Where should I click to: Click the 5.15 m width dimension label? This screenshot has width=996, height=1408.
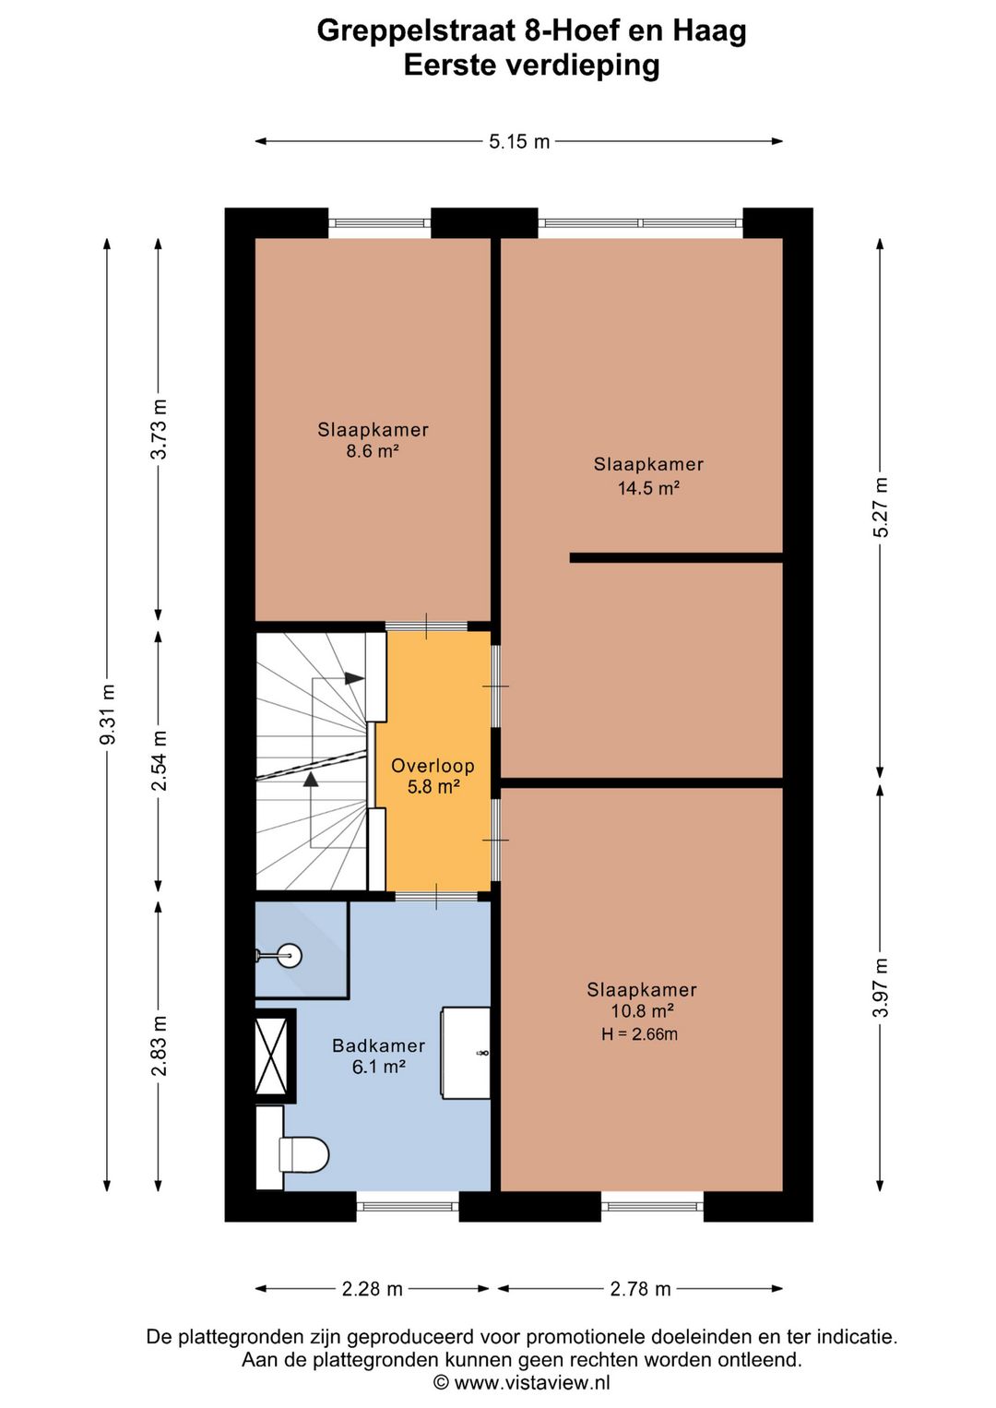[519, 141]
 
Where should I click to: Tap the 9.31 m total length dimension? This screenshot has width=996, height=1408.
[108, 713]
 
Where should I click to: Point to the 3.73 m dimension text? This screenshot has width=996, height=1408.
[159, 429]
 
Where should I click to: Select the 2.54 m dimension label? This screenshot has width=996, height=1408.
[159, 760]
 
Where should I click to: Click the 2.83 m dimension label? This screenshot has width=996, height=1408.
[159, 1045]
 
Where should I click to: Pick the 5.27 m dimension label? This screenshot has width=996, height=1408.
[882, 507]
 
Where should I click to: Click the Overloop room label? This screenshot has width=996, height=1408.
[433, 766]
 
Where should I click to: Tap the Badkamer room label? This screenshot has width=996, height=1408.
[378, 1045]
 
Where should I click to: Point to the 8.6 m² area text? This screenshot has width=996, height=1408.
[373, 450]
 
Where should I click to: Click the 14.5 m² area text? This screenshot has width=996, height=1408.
[648, 488]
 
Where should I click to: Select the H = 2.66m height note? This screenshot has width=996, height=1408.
[639, 1034]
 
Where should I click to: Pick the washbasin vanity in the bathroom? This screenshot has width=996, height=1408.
[466, 1053]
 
